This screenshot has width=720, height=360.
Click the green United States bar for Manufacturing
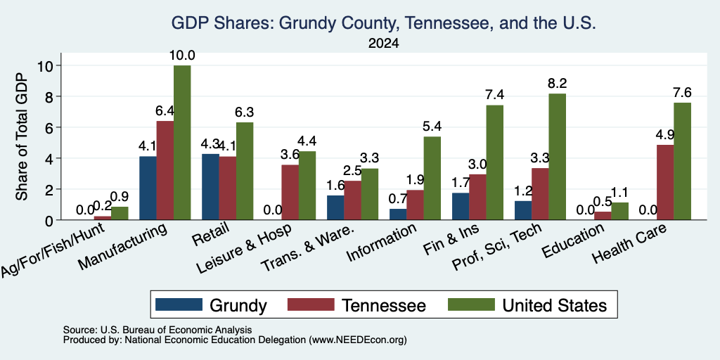(182, 143)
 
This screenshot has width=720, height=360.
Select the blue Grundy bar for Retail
(210, 187)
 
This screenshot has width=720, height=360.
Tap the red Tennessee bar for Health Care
(665, 182)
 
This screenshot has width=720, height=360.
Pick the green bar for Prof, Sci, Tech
(558, 157)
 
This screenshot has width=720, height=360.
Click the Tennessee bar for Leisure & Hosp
(290, 193)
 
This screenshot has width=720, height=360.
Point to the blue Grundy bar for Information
(398, 214)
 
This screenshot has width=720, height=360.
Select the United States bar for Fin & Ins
(495, 162)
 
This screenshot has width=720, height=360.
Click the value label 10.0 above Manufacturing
(182, 56)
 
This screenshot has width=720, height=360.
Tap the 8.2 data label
(558, 84)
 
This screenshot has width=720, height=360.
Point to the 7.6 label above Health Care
(682, 92)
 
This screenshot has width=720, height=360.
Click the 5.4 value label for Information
(432, 127)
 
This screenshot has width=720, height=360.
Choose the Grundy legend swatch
(179, 304)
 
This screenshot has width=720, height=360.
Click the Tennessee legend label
(384, 305)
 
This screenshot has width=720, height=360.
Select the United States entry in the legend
(527, 305)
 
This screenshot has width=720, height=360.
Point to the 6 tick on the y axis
(49, 127)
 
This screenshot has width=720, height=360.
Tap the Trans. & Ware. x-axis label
(307, 247)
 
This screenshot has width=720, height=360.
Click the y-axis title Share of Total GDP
(21, 136)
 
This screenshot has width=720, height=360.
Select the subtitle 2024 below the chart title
(383, 44)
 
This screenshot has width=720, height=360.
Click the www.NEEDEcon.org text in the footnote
(358, 340)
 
